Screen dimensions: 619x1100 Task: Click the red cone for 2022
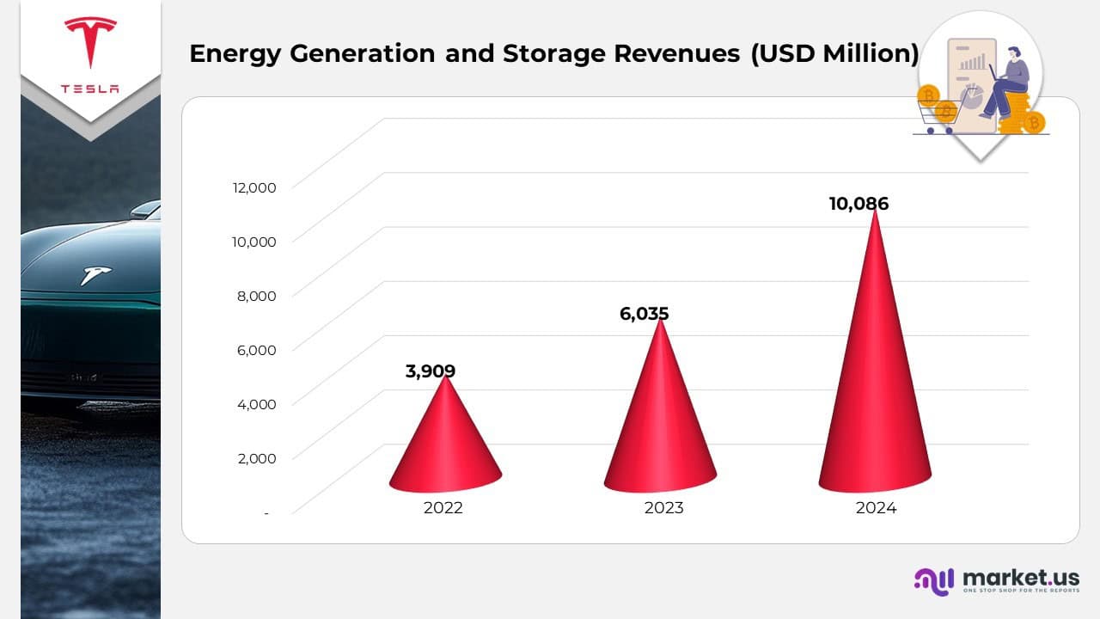(444, 447)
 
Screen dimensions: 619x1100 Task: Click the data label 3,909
(431, 371)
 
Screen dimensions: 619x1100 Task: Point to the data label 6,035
(644, 314)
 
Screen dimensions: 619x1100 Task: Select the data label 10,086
(859, 204)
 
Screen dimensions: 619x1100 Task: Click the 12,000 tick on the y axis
(254, 187)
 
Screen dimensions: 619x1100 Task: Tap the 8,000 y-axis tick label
(257, 296)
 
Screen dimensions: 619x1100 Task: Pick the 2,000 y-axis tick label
(257, 458)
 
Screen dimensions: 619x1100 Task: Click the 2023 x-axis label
(663, 508)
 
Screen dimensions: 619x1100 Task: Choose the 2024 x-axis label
(876, 508)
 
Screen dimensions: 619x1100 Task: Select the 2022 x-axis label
(443, 508)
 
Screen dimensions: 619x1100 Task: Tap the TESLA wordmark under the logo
(90, 89)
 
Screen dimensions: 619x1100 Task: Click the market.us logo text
(1021, 577)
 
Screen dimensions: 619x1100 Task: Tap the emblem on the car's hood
(95, 275)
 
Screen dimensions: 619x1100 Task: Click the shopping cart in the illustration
(937, 116)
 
